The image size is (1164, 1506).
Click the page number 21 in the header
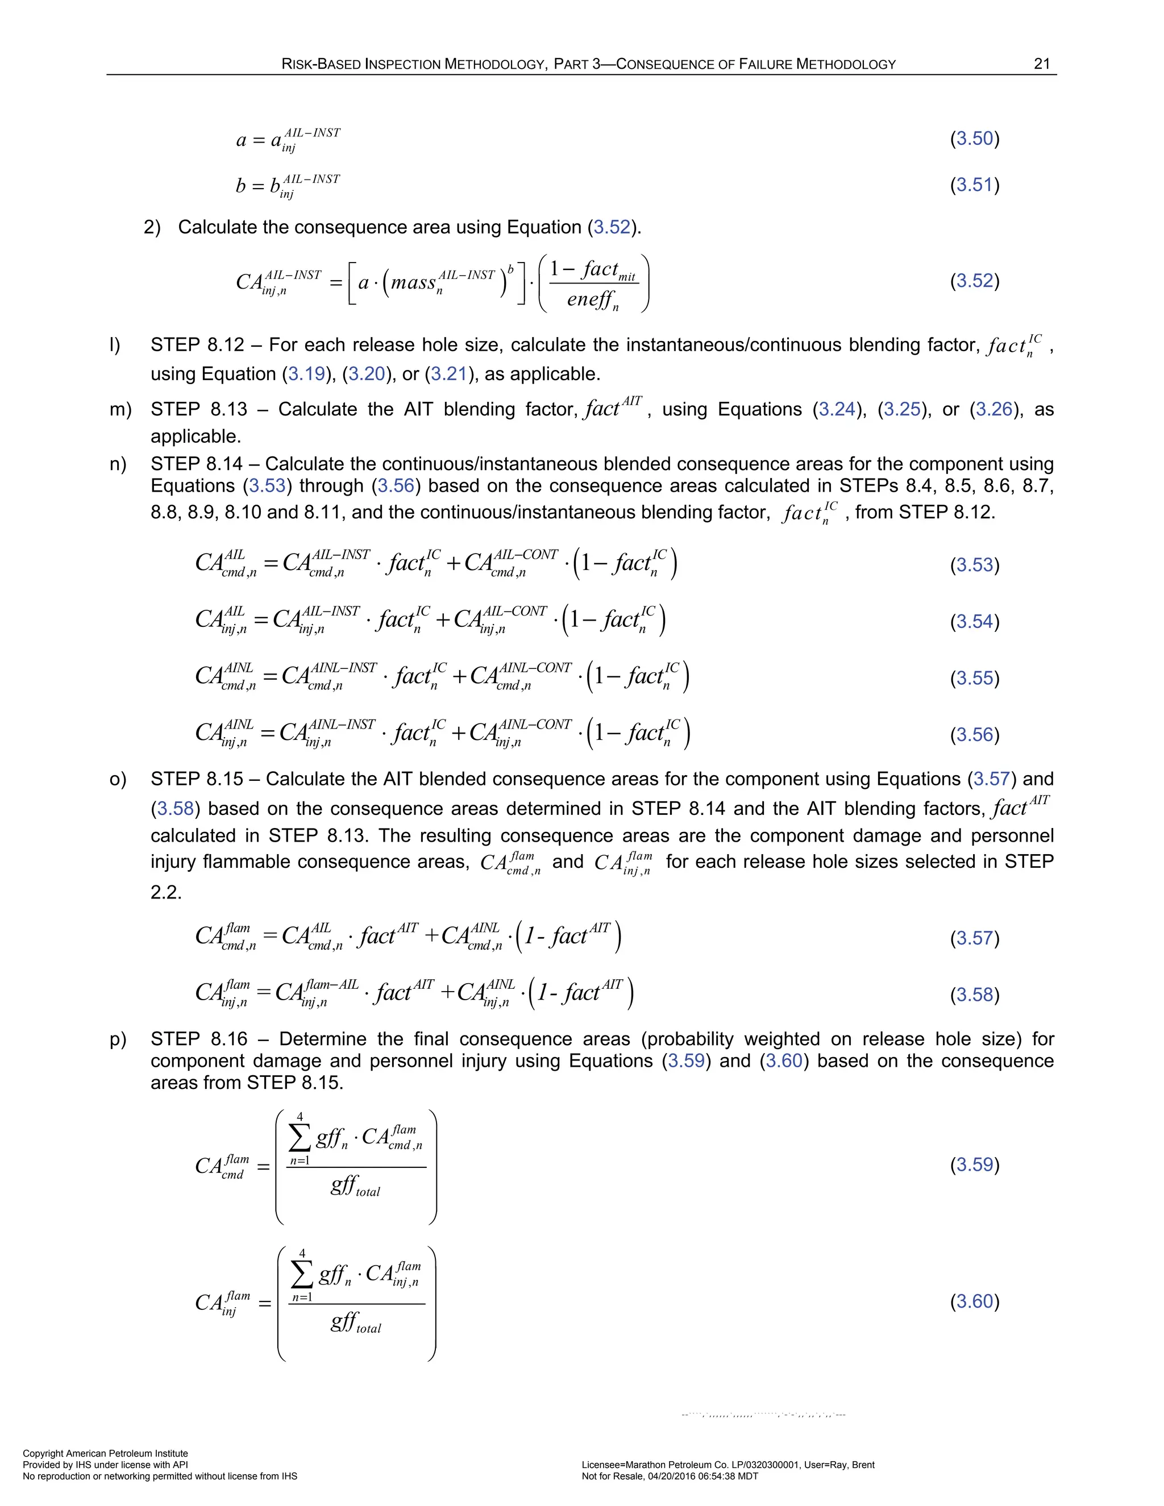tap(1041, 64)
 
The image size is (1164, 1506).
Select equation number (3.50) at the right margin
tap(974, 139)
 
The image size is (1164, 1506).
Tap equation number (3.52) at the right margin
tap(974, 281)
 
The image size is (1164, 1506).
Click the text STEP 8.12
tap(197, 345)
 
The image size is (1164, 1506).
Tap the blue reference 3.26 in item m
tap(993, 410)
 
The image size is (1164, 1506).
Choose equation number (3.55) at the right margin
tap(974, 678)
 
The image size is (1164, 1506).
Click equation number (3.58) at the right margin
tap(974, 995)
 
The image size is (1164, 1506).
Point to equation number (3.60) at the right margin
tap(974, 1301)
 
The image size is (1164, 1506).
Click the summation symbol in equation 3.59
tap(300, 1138)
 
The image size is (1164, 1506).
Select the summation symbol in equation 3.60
tap(302, 1275)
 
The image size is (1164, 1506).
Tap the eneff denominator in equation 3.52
tap(592, 300)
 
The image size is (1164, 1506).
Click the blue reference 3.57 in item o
tap(991, 779)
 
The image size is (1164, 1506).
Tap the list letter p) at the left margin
tap(118, 1039)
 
